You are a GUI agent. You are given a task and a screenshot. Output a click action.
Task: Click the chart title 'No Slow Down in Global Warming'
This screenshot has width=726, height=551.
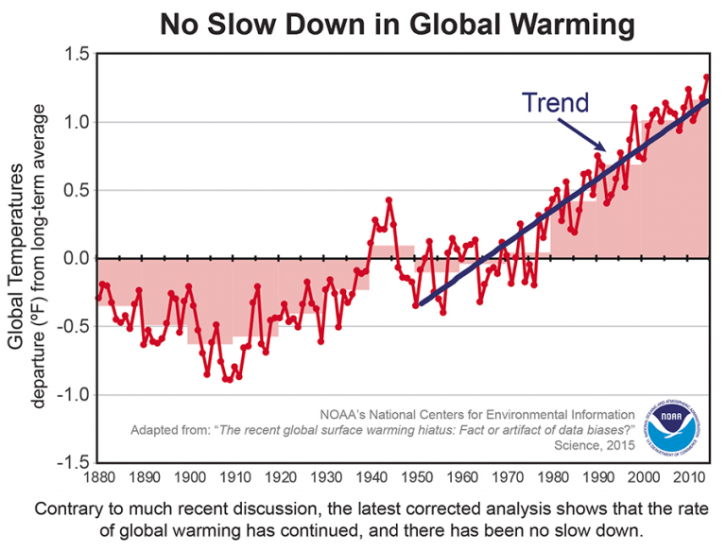pos(396,23)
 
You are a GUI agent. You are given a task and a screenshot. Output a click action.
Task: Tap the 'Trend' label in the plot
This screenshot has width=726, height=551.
pos(558,102)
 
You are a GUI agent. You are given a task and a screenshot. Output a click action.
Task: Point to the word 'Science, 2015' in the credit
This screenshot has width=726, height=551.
pos(592,444)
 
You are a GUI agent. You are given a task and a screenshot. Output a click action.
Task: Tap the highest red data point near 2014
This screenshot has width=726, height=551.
pos(706,77)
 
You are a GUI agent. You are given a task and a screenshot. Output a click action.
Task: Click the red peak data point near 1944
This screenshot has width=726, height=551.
pos(389,200)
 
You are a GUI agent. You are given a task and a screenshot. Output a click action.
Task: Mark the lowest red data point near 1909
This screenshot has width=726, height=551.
pos(228,380)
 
